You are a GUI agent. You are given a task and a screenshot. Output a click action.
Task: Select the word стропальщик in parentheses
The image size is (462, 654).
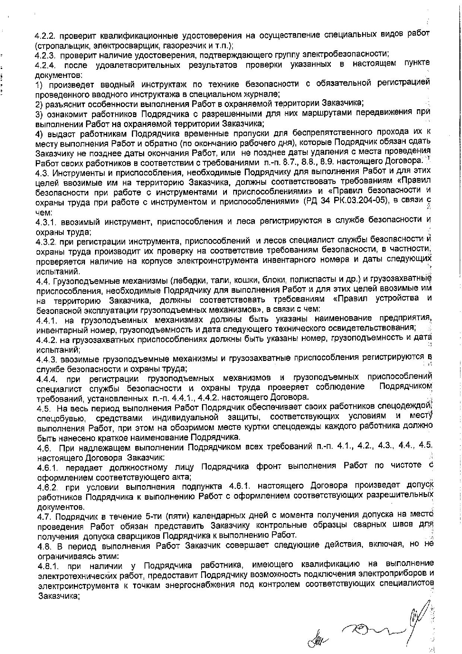click(x=60, y=46)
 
